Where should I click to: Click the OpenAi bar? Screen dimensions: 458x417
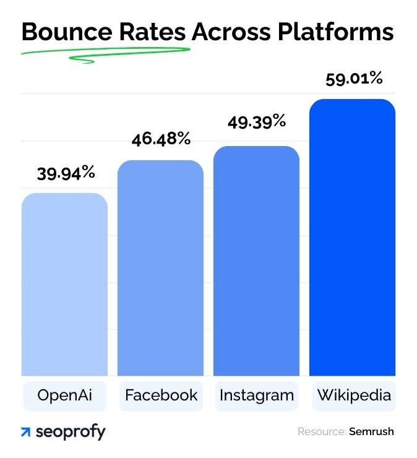[x=64, y=285]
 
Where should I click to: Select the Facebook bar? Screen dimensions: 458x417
[x=160, y=268]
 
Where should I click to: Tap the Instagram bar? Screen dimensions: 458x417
[x=256, y=261]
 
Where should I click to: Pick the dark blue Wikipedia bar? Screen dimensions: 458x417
[x=352, y=238]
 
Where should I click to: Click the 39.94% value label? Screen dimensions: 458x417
[x=66, y=173]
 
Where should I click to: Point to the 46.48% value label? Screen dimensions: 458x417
[x=161, y=139]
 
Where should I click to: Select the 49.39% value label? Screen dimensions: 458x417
[x=256, y=121]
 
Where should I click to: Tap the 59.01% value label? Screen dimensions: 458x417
[x=353, y=79]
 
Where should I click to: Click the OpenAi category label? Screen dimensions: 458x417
[x=64, y=395]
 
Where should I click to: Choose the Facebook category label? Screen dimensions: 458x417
[x=161, y=395]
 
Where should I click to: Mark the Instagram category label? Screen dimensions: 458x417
[x=256, y=395]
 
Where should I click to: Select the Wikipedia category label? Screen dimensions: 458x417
[x=353, y=395]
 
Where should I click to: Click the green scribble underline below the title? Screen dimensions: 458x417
[x=105, y=54]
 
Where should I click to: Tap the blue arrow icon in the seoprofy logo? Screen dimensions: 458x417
[x=26, y=432]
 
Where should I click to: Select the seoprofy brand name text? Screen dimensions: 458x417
[x=71, y=432]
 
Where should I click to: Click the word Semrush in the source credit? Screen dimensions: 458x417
[x=371, y=431]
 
